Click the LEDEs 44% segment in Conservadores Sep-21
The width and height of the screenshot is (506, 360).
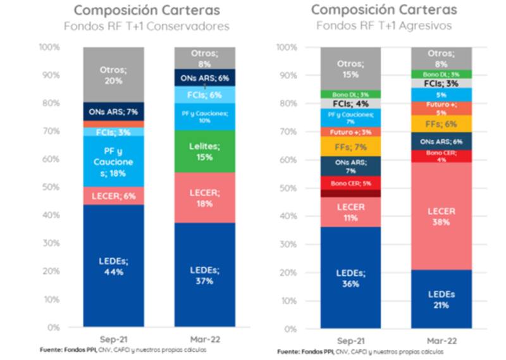pos(113,266)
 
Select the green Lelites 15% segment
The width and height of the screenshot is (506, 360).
pos(204,151)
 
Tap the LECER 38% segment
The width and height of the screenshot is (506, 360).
pos(441,216)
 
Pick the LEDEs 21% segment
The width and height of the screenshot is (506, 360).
pos(441,299)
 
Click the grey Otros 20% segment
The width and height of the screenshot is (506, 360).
pos(113,75)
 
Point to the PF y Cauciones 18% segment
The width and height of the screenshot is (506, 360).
pos(113,161)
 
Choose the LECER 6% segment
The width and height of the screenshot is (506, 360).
pos(113,196)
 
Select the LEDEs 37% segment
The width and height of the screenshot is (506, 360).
pos(204,275)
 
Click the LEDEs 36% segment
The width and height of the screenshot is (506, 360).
pos(350,278)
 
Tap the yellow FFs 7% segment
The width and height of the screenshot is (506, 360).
pos(350,147)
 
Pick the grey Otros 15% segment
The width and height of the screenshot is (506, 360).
pos(350,69)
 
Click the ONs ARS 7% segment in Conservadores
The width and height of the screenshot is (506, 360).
pos(113,111)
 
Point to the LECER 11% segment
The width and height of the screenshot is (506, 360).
pos(350,212)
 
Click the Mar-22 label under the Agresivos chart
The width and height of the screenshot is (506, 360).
pos(441,340)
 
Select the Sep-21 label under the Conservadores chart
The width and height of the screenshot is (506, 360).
pos(113,339)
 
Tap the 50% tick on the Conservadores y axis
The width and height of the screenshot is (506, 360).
pos(51,187)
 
